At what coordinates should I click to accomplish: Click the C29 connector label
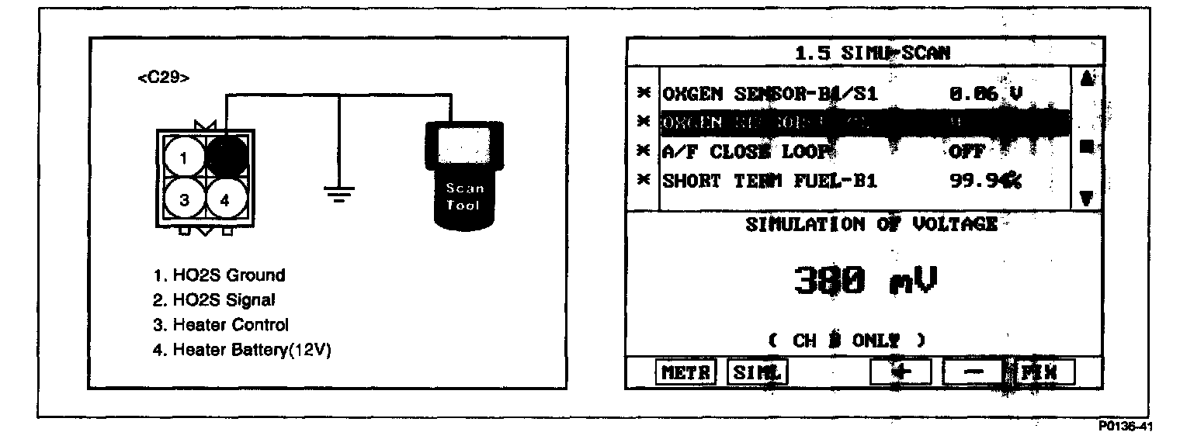point(162,79)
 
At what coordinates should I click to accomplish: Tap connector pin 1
point(184,158)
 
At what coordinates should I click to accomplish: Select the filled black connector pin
point(226,156)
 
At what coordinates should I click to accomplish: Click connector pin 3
point(184,199)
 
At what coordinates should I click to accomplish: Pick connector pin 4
point(226,199)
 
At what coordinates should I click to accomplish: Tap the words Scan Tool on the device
point(465,197)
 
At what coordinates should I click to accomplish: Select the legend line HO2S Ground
point(220,275)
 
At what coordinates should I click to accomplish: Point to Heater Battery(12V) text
point(242,350)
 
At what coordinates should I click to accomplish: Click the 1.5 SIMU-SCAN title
point(873,53)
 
